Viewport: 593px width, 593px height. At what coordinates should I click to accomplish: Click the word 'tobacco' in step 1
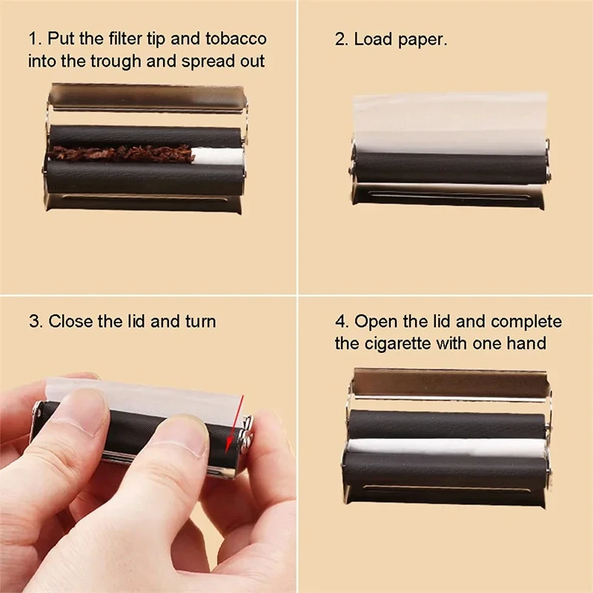point(236,39)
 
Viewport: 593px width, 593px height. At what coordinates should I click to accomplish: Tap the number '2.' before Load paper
point(342,39)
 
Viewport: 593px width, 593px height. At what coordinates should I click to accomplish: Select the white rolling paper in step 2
point(449,122)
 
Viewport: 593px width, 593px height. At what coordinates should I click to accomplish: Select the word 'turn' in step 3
point(200,321)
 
